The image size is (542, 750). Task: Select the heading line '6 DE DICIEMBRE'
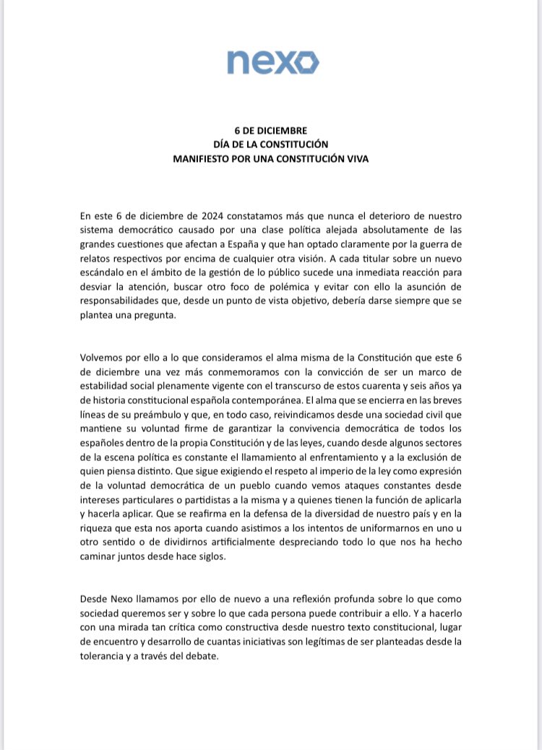(271, 131)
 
